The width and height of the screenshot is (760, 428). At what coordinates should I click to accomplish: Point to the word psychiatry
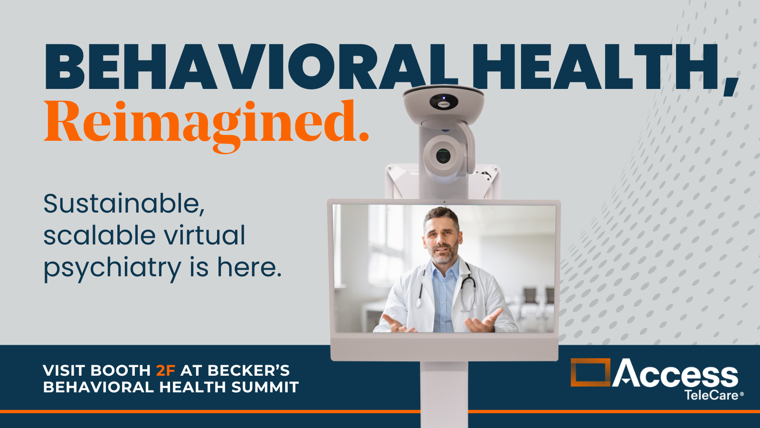point(112,268)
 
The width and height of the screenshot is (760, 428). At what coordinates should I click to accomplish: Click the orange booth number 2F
point(166,370)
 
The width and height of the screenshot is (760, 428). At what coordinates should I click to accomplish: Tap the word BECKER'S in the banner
point(249,370)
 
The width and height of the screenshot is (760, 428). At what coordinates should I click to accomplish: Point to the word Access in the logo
point(675,373)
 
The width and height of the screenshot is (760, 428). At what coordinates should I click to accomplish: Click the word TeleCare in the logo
point(711,395)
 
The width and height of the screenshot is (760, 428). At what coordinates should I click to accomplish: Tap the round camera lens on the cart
point(443,156)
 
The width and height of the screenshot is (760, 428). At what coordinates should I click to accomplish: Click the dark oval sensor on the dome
point(444,101)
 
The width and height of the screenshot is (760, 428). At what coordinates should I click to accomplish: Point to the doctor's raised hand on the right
point(484,321)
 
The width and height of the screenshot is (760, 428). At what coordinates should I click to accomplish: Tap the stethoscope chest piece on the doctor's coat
point(418,303)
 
